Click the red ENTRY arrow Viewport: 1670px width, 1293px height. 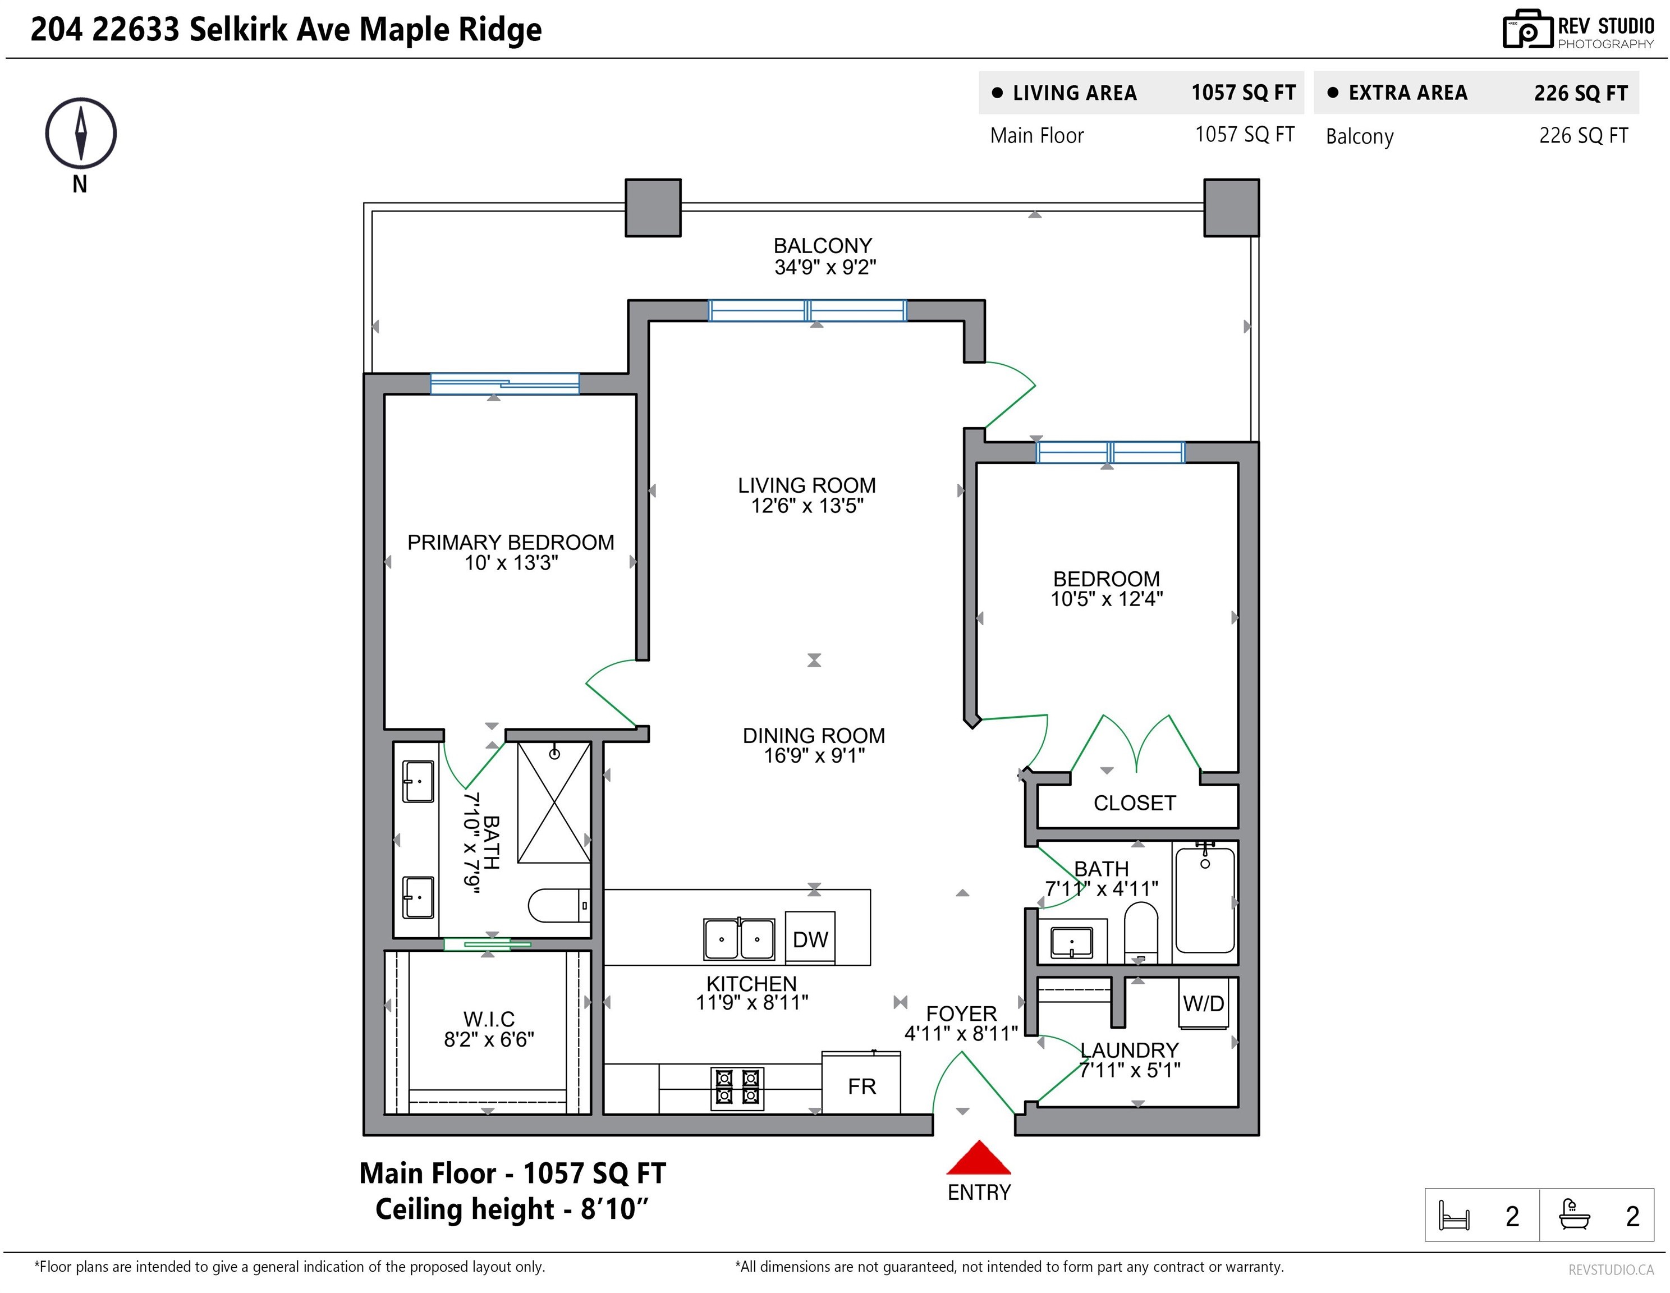pyautogui.click(x=979, y=1158)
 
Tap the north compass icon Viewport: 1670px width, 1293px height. pyautogui.click(x=80, y=133)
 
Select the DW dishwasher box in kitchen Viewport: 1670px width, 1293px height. pyautogui.click(x=810, y=938)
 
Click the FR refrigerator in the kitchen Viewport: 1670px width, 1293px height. pyautogui.click(x=861, y=1083)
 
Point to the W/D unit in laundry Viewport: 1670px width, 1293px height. pyautogui.click(x=1204, y=1003)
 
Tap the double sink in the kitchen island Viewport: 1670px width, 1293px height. pyautogui.click(x=738, y=939)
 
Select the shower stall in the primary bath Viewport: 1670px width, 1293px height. pyautogui.click(x=554, y=803)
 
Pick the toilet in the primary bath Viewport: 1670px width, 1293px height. pyautogui.click(x=559, y=906)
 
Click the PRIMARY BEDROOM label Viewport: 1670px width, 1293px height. pyautogui.click(x=510, y=542)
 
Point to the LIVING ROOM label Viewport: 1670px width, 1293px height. pyautogui.click(x=807, y=485)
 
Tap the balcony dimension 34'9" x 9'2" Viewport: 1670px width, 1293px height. pyautogui.click(x=825, y=267)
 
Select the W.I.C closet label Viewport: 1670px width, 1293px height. pyautogui.click(x=489, y=1019)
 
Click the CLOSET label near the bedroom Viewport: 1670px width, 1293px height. pyautogui.click(x=1135, y=803)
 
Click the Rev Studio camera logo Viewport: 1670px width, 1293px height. pyautogui.click(x=1527, y=29)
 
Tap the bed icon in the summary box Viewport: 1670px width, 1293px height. pyautogui.click(x=1453, y=1215)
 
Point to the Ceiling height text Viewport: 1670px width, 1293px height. pyautogui.click(x=512, y=1209)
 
